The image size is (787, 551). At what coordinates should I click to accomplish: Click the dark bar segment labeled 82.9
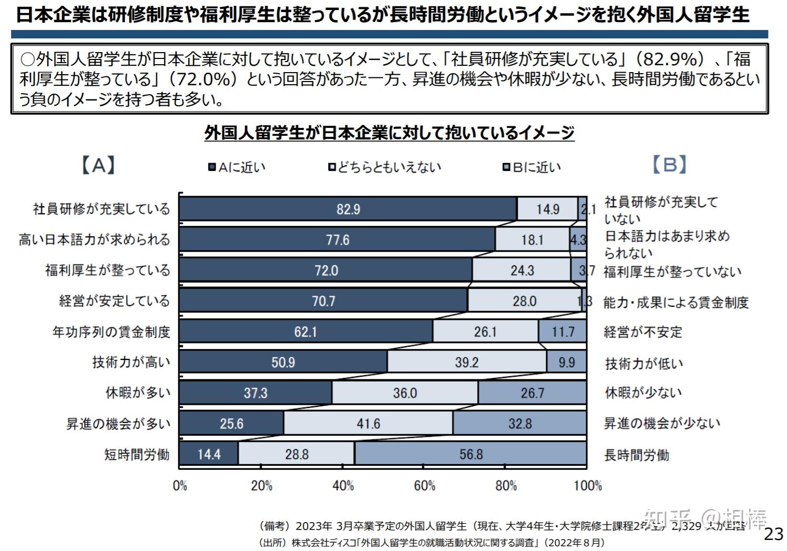(x=348, y=209)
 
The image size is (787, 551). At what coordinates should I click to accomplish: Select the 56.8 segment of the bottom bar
(x=470, y=454)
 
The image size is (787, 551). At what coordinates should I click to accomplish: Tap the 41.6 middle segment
(x=368, y=424)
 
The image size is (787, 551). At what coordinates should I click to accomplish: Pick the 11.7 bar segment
(x=562, y=332)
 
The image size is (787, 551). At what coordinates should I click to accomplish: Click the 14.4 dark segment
(x=209, y=454)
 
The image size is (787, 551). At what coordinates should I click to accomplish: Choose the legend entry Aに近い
(x=237, y=167)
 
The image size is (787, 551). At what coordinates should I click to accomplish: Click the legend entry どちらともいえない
(x=385, y=167)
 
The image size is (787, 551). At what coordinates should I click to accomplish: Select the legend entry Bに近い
(x=532, y=167)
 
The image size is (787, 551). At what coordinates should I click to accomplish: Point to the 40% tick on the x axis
(x=343, y=485)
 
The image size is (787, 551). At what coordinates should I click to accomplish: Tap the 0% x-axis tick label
(x=180, y=485)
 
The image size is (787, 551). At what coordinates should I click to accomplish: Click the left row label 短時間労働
(x=137, y=454)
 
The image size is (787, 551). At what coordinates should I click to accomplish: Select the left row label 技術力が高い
(x=131, y=362)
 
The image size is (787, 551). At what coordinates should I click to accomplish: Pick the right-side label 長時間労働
(x=636, y=455)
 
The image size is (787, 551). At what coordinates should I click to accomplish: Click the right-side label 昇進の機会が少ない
(x=662, y=424)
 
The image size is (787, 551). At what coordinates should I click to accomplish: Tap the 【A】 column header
(x=98, y=165)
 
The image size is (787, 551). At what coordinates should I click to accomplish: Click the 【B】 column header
(x=669, y=165)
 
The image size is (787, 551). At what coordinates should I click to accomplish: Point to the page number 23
(x=773, y=534)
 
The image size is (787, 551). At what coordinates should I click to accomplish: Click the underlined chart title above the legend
(x=389, y=133)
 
